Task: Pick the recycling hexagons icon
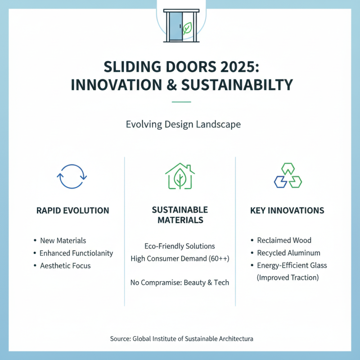(288, 175)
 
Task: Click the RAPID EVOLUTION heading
(72, 210)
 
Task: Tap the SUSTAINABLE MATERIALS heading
(180, 215)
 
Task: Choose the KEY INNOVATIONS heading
(288, 210)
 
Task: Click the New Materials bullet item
(63, 240)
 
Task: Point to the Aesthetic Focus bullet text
(65, 265)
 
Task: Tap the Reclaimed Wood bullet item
(284, 240)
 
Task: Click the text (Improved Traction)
(288, 278)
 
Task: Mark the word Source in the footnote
(120, 338)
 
